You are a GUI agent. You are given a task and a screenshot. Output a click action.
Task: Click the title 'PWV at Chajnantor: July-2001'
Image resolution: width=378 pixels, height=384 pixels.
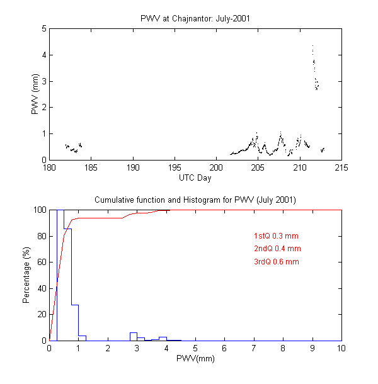coord(195,18)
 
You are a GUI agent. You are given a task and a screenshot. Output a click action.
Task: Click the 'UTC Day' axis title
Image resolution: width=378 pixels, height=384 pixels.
coord(195,178)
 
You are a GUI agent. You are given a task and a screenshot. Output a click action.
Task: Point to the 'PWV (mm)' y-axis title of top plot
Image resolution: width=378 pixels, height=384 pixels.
coord(35,94)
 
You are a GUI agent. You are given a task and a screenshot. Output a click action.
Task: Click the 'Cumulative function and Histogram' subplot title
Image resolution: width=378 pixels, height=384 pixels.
coord(195,200)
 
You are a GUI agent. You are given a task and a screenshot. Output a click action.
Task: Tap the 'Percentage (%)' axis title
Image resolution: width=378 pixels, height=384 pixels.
coord(26,275)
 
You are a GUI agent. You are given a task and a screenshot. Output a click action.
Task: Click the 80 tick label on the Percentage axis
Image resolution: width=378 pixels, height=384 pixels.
coord(40,236)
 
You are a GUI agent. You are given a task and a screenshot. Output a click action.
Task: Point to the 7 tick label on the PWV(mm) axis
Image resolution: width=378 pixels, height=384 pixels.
coord(254,348)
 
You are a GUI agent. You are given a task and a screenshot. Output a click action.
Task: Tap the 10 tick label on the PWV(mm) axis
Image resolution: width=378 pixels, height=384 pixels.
coord(341,348)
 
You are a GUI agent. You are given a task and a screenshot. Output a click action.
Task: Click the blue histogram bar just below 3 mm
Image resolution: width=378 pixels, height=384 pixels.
coord(134,336)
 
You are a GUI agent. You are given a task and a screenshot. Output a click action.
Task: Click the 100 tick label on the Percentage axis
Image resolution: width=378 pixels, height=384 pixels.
coord(38,210)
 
